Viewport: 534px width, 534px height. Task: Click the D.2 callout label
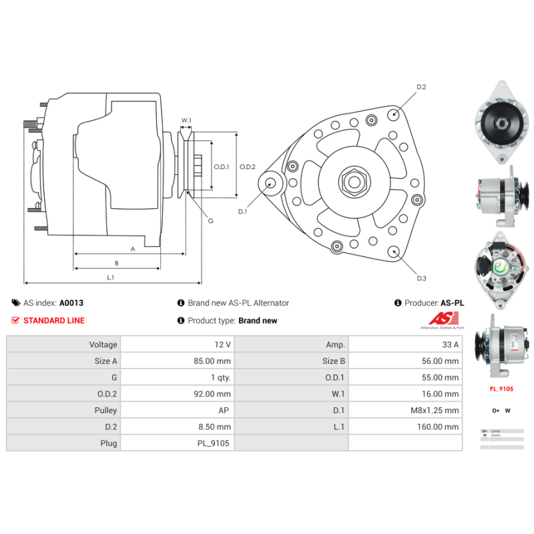421,87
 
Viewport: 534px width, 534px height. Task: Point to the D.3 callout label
421,278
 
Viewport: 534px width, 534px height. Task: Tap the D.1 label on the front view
243,212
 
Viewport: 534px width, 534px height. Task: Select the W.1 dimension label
186,121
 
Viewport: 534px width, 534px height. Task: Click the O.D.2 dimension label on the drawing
248,167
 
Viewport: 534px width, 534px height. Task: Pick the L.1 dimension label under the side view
111,277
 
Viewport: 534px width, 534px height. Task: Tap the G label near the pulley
210,220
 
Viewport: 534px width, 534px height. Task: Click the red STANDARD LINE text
54,320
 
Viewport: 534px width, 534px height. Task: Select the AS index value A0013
71,302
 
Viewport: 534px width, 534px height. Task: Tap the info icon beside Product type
180,320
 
